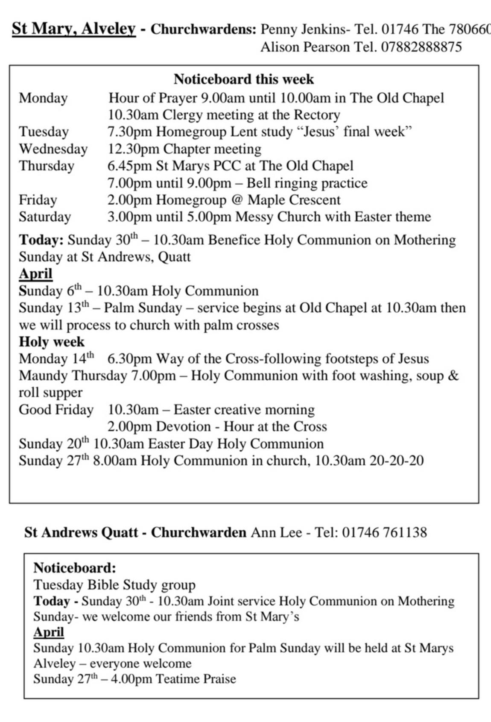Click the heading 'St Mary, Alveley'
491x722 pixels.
73,29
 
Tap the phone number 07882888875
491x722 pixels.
421,47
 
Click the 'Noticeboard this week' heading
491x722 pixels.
243,79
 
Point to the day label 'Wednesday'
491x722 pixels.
53,149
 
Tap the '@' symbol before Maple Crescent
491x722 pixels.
237,200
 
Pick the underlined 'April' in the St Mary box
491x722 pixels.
35,273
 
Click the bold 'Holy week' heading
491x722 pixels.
52,342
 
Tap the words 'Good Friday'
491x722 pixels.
56,410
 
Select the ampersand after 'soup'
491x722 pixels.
454,376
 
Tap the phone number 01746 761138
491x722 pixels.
384,532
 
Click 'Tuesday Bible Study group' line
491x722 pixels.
114,584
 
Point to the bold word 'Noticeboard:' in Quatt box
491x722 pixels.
75,568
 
